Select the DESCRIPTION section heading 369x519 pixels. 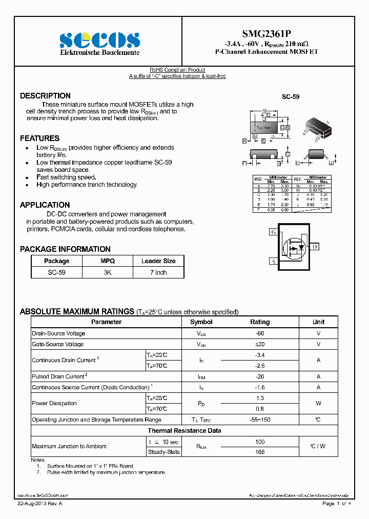(x=45, y=96)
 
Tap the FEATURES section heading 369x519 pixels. (x=39, y=138)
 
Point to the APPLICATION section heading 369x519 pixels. (x=45, y=205)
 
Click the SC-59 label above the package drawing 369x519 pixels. (x=291, y=96)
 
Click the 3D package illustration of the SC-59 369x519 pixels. (x=316, y=129)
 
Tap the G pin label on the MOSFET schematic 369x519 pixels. (x=273, y=232)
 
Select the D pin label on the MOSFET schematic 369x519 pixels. (x=315, y=247)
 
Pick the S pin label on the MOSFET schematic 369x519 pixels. (x=273, y=262)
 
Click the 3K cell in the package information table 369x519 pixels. (x=108, y=272)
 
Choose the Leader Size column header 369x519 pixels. (x=158, y=261)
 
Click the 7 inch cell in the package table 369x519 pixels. (x=158, y=272)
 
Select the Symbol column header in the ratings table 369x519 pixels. (x=201, y=322)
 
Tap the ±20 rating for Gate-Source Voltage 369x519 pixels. (x=259, y=344)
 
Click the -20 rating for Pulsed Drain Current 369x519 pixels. (x=259, y=376)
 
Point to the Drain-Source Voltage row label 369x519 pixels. (x=58, y=333)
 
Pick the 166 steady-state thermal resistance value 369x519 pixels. (x=259, y=452)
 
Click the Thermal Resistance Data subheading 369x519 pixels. (x=184, y=431)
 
